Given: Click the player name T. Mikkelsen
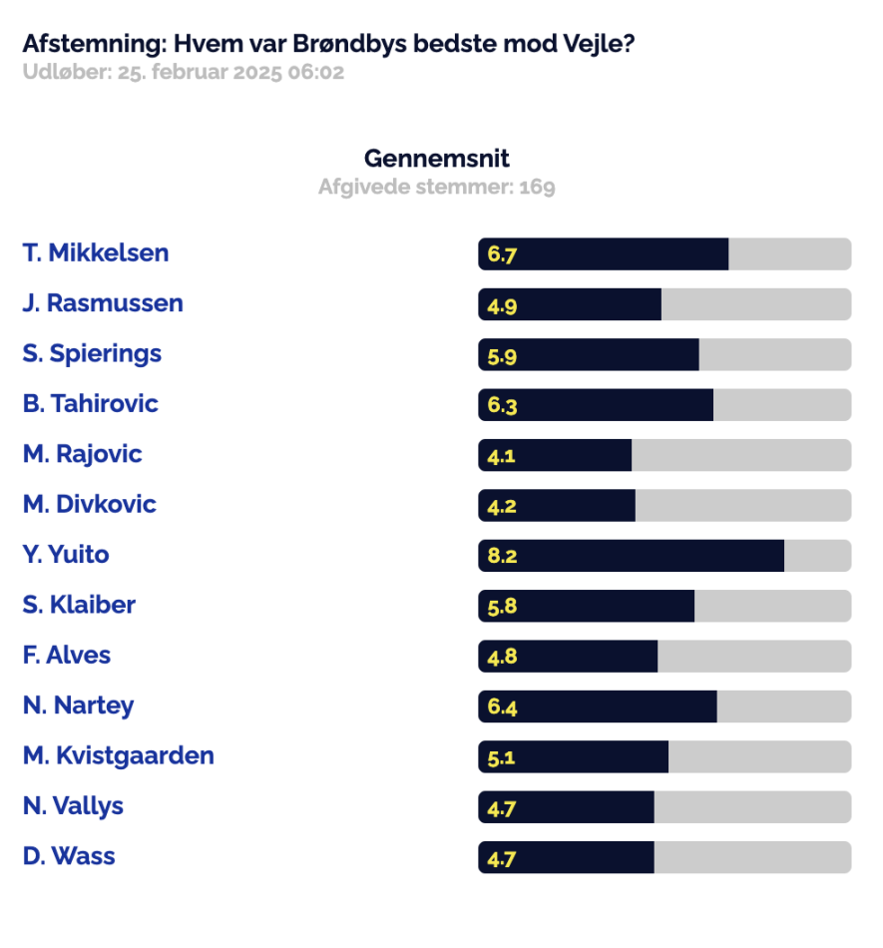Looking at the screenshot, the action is [x=96, y=252].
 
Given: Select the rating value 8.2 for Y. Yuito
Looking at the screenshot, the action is [x=502, y=556].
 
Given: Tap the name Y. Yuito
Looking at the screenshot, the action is [x=66, y=555].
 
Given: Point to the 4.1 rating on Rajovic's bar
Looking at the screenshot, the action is [x=501, y=456].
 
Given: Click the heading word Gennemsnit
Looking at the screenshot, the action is [x=436, y=159].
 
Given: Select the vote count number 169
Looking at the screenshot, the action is [x=538, y=187].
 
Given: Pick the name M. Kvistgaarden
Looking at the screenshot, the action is [x=119, y=755].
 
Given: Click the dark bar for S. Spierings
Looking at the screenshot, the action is [x=589, y=354].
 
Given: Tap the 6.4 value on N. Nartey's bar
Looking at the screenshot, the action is [x=502, y=707].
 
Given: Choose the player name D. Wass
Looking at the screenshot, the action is [x=69, y=856].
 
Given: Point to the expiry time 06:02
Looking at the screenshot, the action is [x=316, y=72].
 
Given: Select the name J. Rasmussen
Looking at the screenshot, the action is [x=103, y=303].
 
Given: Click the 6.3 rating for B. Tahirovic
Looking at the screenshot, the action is [x=502, y=405].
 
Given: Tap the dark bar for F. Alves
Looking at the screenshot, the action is [x=568, y=656].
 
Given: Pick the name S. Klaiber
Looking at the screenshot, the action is [x=79, y=605].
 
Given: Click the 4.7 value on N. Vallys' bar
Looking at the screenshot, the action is [x=501, y=808].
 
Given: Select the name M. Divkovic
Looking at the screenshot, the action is [x=90, y=504].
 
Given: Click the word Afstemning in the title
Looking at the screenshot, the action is [x=94, y=44].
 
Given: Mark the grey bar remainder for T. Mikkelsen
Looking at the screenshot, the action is [x=790, y=253].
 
